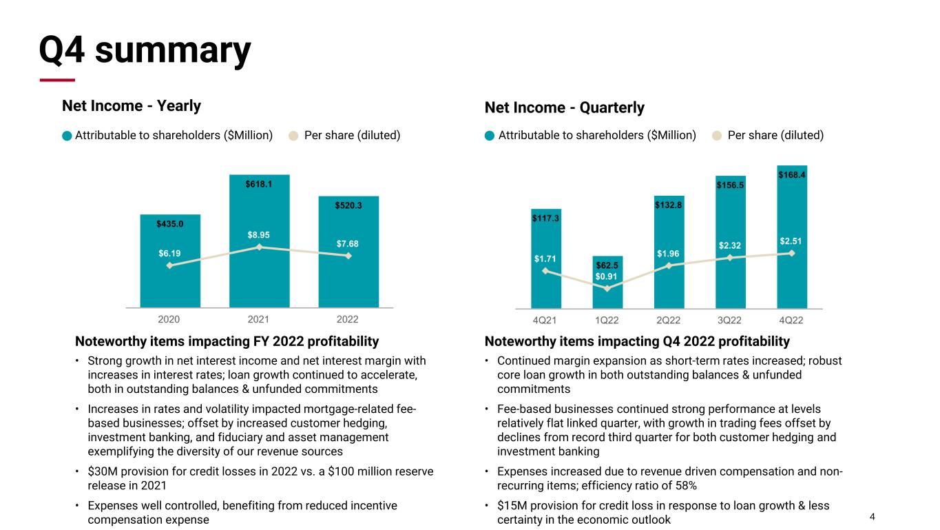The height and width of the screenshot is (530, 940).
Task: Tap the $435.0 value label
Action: point(169,223)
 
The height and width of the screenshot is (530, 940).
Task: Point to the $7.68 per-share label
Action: point(348,244)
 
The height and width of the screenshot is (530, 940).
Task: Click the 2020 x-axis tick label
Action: point(169,320)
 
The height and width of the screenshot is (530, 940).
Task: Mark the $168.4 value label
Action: point(792,175)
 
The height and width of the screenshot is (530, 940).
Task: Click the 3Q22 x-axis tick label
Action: point(730,320)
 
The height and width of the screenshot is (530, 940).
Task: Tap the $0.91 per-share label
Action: point(607,277)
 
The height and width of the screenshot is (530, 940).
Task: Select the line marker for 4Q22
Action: point(792,253)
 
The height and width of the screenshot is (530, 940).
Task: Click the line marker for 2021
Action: point(259,247)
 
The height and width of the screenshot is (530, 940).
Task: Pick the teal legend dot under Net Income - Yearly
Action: point(67,136)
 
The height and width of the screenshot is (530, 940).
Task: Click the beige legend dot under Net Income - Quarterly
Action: point(716,136)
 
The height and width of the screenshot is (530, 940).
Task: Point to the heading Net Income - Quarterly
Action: point(565,108)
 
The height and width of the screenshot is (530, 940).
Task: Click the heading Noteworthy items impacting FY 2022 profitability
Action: point(227,341)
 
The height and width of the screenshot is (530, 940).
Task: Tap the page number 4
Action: point(873,517)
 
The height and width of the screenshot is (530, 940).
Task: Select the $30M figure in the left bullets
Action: point(102,471)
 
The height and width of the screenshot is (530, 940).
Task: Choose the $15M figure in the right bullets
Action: point(511,505)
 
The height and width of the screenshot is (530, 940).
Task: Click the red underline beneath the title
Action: point(57,80)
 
